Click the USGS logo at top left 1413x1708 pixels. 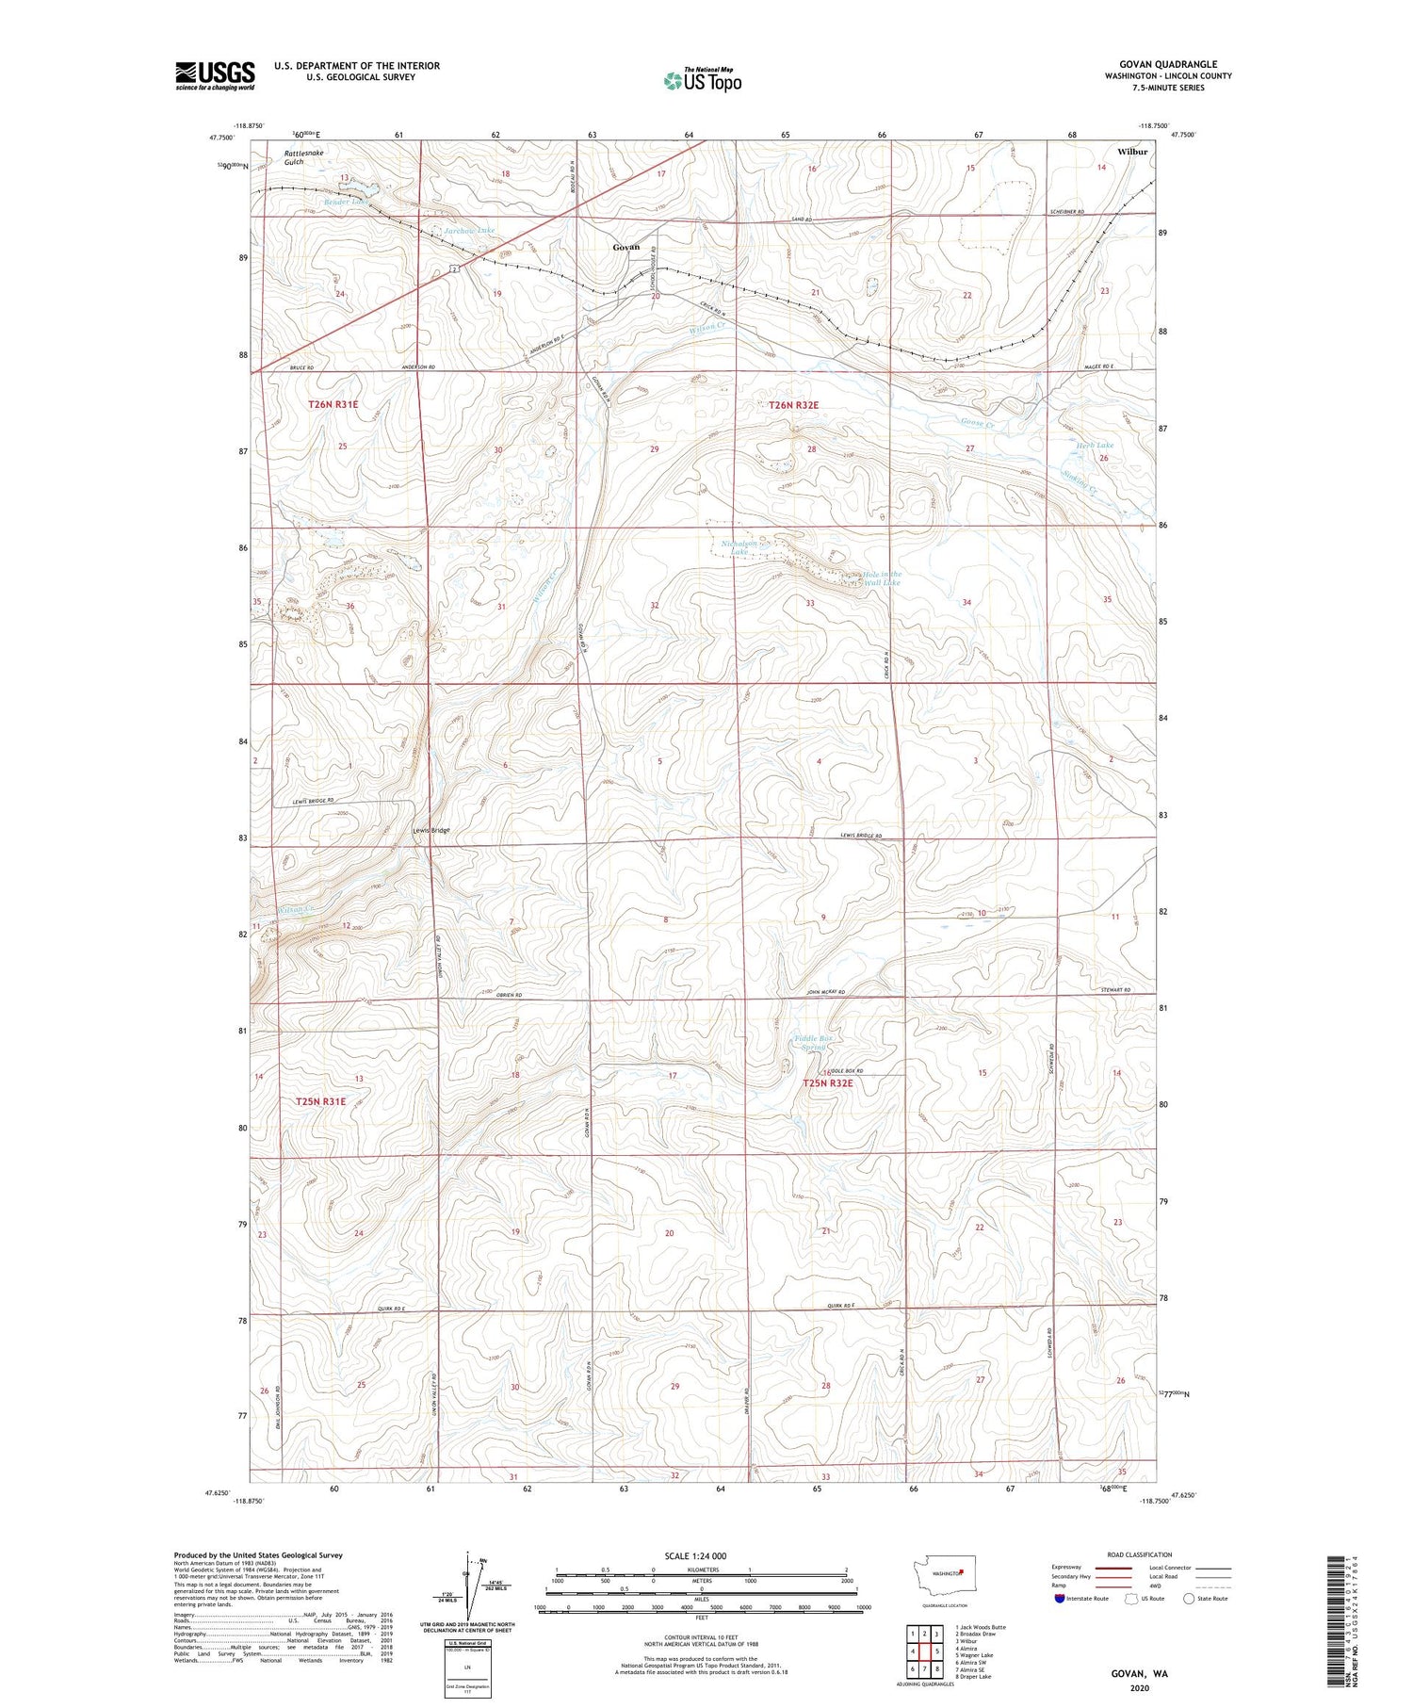[x=215, y=75]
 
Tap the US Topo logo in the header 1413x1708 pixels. [x=702, y=81]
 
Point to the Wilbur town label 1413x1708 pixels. [x=1132, y=151]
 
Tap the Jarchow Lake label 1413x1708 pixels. [x=470, y=230]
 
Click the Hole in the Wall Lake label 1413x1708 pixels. [x=882, y=578]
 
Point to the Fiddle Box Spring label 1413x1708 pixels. [x=812, y=1042]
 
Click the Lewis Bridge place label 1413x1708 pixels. [x=431, y=830]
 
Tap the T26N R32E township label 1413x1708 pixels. [x=793, y=405]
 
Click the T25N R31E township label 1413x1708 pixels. [x=320, y=1100]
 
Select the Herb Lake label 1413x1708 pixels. [x=1095, y=445]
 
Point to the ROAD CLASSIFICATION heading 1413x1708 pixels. [x=1140, y=1554]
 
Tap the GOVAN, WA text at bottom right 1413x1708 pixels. [x=1139, y=1673]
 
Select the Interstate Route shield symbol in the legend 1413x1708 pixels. [x=1060, y=1599]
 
